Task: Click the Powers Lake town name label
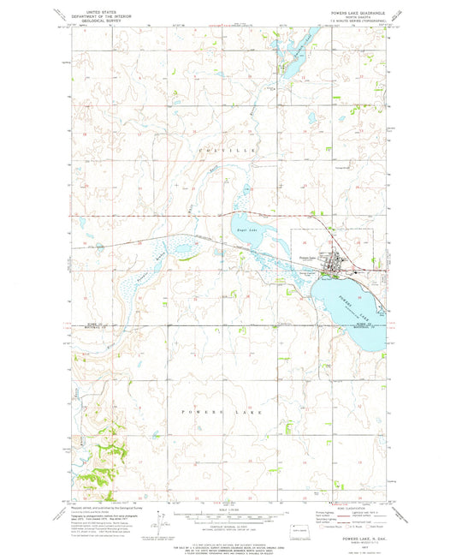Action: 307,258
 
